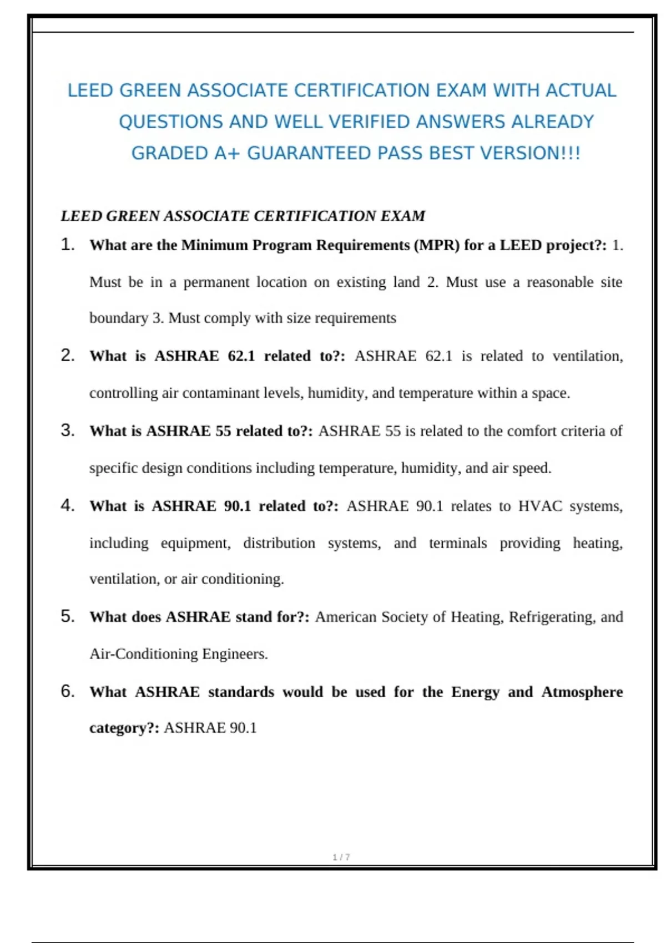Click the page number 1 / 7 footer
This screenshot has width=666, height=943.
341,857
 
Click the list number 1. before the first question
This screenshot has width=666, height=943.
68,245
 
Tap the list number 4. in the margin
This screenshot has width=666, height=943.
68,505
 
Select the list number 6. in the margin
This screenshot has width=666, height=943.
68,691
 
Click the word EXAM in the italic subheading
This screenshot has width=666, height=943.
403,216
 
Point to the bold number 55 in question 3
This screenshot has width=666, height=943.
223,431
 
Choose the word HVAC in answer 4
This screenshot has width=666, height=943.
540,506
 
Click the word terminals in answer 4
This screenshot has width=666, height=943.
458,543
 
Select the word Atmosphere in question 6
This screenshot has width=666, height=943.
582,692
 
